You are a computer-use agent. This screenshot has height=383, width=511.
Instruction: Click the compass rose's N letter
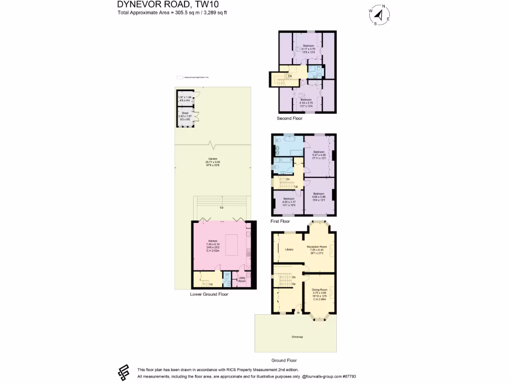(383, 6)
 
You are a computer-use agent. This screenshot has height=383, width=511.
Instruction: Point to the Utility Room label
(242, 280)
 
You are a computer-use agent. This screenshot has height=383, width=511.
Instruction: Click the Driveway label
(297, 337)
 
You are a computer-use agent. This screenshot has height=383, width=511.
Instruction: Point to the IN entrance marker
(299, 314)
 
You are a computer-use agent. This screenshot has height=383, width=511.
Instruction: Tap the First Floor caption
(280, 221)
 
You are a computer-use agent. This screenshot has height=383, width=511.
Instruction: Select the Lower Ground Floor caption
(209, 294)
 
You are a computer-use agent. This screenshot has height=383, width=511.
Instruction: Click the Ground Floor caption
(284, 360)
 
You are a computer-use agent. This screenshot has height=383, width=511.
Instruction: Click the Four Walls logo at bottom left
(124, 372)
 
